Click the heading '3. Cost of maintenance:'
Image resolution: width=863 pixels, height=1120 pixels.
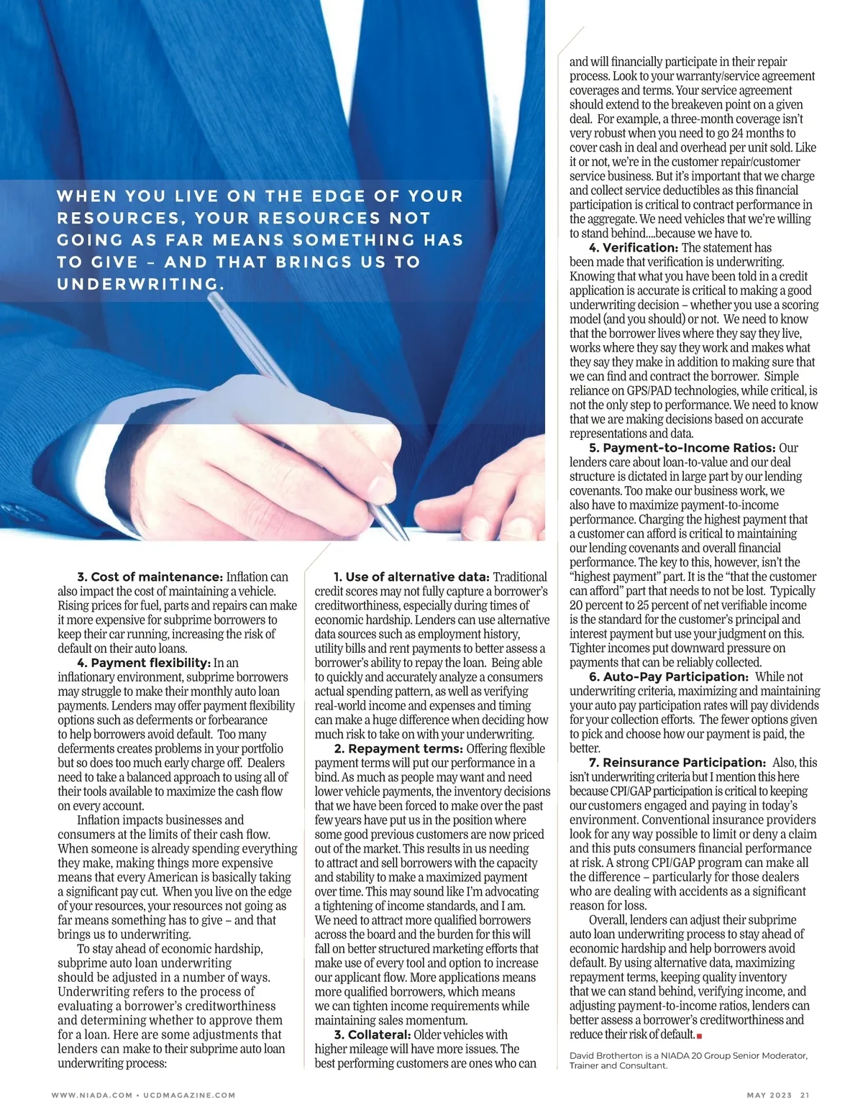(150, 577)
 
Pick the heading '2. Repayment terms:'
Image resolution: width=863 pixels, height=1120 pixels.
(398, 749)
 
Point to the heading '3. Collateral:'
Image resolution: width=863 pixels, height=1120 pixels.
(372, 1035)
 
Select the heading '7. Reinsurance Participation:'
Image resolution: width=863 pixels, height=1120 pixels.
(677, 763)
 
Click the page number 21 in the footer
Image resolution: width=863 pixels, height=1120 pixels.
(805, 1096)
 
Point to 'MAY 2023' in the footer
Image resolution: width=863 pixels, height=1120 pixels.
(769, 1096)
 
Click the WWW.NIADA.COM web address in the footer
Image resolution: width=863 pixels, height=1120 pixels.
(91, 1096)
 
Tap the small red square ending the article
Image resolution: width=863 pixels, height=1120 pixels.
(699, 1036)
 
